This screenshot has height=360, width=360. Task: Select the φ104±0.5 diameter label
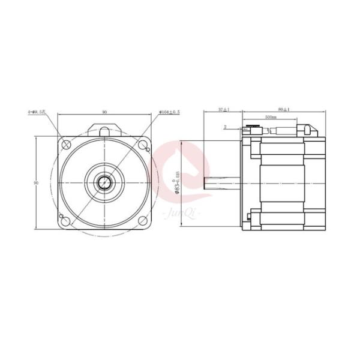(x=171, y=112)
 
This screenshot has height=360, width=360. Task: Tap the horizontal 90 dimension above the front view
(x=104, y=112)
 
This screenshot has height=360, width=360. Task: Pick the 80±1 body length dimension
(x=284, y=110)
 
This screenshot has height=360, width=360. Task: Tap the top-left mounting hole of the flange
(x=65, y=145)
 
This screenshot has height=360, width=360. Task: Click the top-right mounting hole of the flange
(x=143, y=145)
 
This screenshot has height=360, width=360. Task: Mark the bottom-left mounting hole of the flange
(x=65, y=221)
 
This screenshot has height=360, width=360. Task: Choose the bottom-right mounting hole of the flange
(x=143, y=221)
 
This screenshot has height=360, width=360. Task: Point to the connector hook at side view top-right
(x=310, y=129)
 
